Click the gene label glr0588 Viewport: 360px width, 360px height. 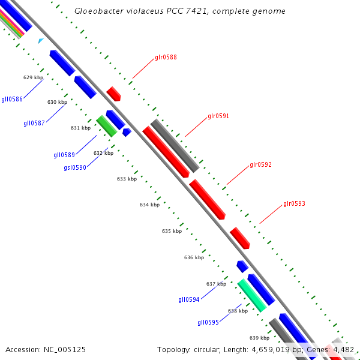click(x=166, y=58)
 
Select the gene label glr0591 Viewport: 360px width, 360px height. click(x=218, y=116)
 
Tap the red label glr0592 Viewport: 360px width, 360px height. click(x=260, y=164)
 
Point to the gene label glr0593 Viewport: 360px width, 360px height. click(x=294, y=204)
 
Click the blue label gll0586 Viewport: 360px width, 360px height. click(x=12, y=99)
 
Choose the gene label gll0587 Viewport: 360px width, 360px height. click(x=34, y=124)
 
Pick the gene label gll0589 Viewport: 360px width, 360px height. click(x=64, y=155)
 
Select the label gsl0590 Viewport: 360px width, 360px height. click(x=75, y=168)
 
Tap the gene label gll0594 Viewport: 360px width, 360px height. click(x=189, y=299)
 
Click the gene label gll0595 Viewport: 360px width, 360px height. click(x=208, y=322)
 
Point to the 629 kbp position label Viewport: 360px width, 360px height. click(x=33, y=77)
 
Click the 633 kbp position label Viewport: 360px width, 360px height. click(x=127, y=179)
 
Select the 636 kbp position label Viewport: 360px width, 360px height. click(x=194, y=257)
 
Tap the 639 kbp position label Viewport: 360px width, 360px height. click(x=259, y=337)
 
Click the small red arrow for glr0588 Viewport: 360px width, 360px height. click(x=113, y=93)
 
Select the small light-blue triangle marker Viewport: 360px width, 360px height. click(x=41, y=41)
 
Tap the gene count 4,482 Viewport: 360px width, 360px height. click(x=343, y=349)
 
